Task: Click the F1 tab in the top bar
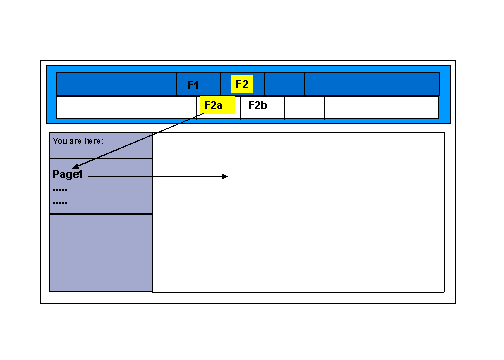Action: [x=194, y=84]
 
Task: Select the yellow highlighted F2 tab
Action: [x=242, y=84]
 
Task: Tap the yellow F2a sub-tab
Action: [x=214, y=105]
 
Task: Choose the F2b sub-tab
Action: [x=259, y=105]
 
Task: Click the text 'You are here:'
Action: [x=79, y=141]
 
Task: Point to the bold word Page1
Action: [x=68, y=175]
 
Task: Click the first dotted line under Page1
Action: [x=60, y=189]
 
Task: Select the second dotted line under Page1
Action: [x=60, y=202]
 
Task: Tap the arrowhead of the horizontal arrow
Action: [x=226, y=177]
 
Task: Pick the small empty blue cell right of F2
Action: [x=284, y=84]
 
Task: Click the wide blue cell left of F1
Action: [x=116, y=84]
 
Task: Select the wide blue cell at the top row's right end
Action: [x=371, y=84]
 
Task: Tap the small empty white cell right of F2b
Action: [x=304, y=107]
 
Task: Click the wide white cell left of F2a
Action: [x=126, y=107]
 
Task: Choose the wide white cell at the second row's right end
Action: [x=381, y=107]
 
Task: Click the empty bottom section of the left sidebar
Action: [x=100, y=252]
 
